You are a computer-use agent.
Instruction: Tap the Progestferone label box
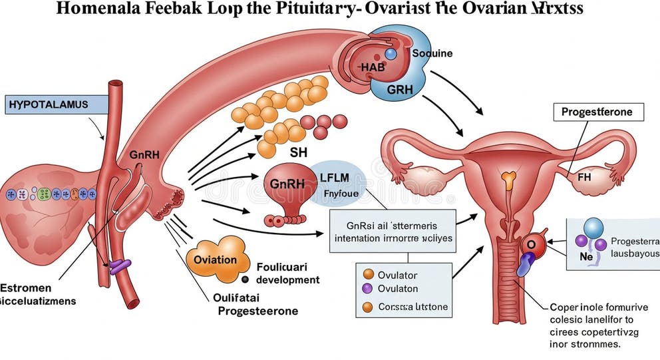598,112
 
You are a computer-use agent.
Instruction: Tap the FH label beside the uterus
583,178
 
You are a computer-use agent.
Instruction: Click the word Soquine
432,53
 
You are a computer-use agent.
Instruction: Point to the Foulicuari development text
279,273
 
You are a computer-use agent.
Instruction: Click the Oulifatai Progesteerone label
257,305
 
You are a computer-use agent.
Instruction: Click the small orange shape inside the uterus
508,178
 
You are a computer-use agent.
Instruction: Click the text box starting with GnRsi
393,230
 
